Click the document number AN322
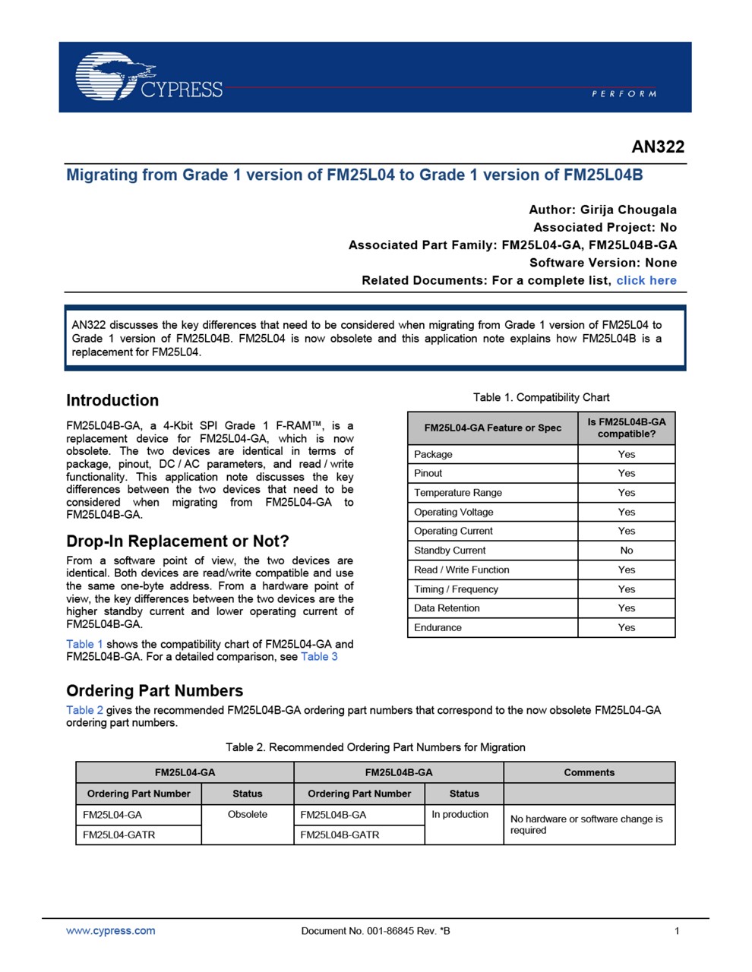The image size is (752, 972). coord(658,147)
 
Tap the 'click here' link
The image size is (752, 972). coord(646,280)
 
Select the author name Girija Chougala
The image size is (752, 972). coord(628,210)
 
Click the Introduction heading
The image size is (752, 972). coord(112,400)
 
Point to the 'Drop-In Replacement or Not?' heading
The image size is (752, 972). coord(178,541)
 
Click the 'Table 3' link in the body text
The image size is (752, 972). coord(319,657)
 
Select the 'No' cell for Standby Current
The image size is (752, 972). coord(626,551)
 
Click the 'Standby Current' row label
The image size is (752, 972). coord(450,551)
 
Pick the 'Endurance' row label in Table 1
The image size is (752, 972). coord(438,627)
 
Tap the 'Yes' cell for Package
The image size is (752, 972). coord(626,454)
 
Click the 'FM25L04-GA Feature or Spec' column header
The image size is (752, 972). coord(493,428)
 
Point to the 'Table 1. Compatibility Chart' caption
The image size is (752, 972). coord(541,397)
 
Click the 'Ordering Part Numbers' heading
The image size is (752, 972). coord(155,690)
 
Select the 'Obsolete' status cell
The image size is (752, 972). coord(248,814)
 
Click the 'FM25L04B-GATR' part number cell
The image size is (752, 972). coord(340,835)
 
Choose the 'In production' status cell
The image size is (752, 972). coord(460,814)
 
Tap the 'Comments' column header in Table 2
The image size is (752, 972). coord(589,772)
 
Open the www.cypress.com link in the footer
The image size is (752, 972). coord(111,930)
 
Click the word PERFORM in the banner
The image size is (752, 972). coord(624,93)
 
